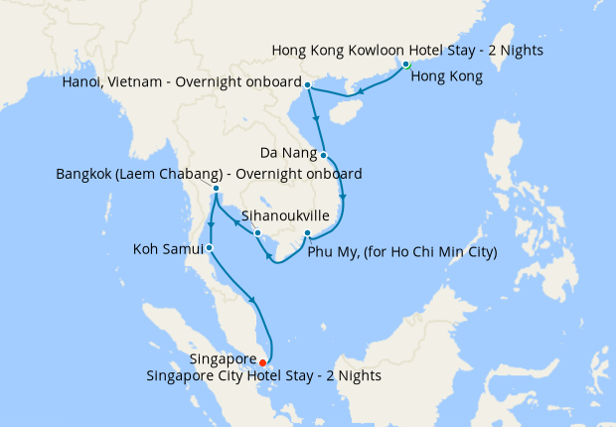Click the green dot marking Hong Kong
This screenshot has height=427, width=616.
click(406, 66)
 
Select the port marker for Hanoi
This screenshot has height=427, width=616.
click(307, 84)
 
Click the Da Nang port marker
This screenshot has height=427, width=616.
click(325, 155)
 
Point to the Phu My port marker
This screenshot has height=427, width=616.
click(308, 234)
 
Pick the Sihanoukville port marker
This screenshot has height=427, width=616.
click(257, 233)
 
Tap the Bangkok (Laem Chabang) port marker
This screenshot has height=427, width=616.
click(216, 188)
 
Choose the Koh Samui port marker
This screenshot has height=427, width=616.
click(209, 247)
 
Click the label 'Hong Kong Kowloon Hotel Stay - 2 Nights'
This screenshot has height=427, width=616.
click(407, 50)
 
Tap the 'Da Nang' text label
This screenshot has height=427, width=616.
click(288, 154)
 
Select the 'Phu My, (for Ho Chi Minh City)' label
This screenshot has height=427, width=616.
click(402, 252)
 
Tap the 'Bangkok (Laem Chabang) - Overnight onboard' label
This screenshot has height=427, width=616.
click(209, 173)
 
